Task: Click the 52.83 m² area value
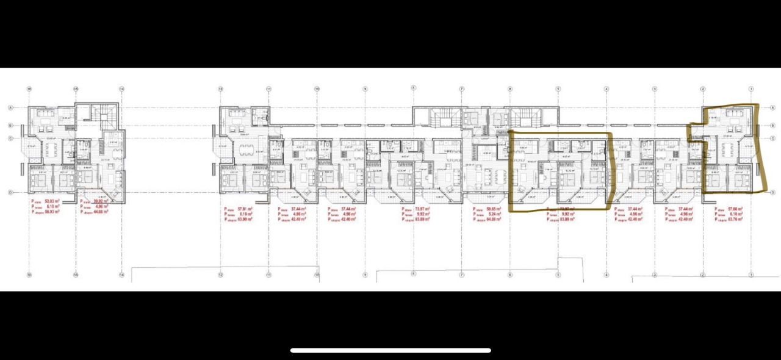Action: coord(51,201)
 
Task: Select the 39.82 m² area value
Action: coord(101,201)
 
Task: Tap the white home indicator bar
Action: coord(390,350)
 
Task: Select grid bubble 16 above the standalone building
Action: coord(76,89)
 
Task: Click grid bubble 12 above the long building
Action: coord(220,89)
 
